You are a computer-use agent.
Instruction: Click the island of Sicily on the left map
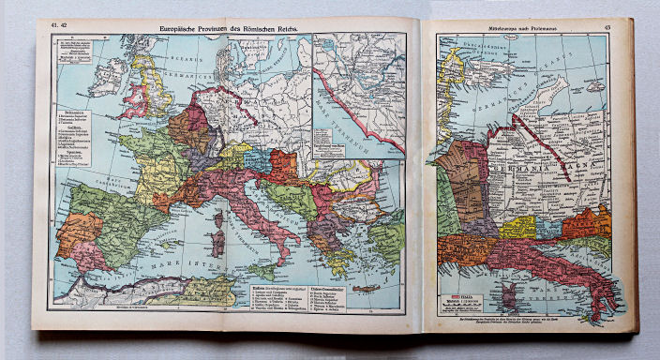pos(265,269)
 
